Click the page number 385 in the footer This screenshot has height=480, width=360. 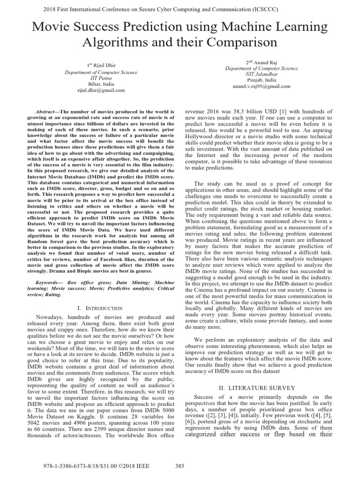[x=180, y=466]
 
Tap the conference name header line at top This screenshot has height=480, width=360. [x=180, y=8]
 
